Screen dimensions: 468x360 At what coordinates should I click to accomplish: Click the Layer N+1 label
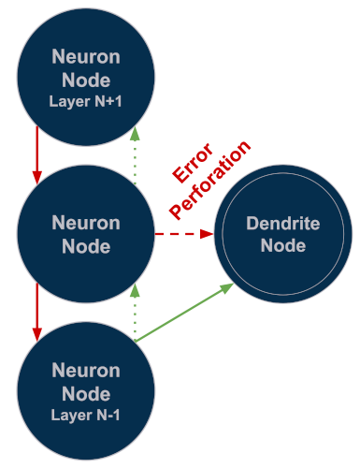[x=86, y=101]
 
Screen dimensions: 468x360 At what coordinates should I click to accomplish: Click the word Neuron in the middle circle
[x=86, y=223]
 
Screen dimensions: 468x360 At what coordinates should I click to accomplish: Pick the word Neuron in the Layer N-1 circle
[x=86, y=370]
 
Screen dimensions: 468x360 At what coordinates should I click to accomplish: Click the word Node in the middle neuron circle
[x=86, y=247]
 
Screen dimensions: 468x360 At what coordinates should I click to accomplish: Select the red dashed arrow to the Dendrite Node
[x=183, y=234]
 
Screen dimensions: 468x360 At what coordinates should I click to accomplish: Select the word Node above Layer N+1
[x=86, y=80]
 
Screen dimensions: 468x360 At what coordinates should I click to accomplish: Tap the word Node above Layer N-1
[x=86, y=394]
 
